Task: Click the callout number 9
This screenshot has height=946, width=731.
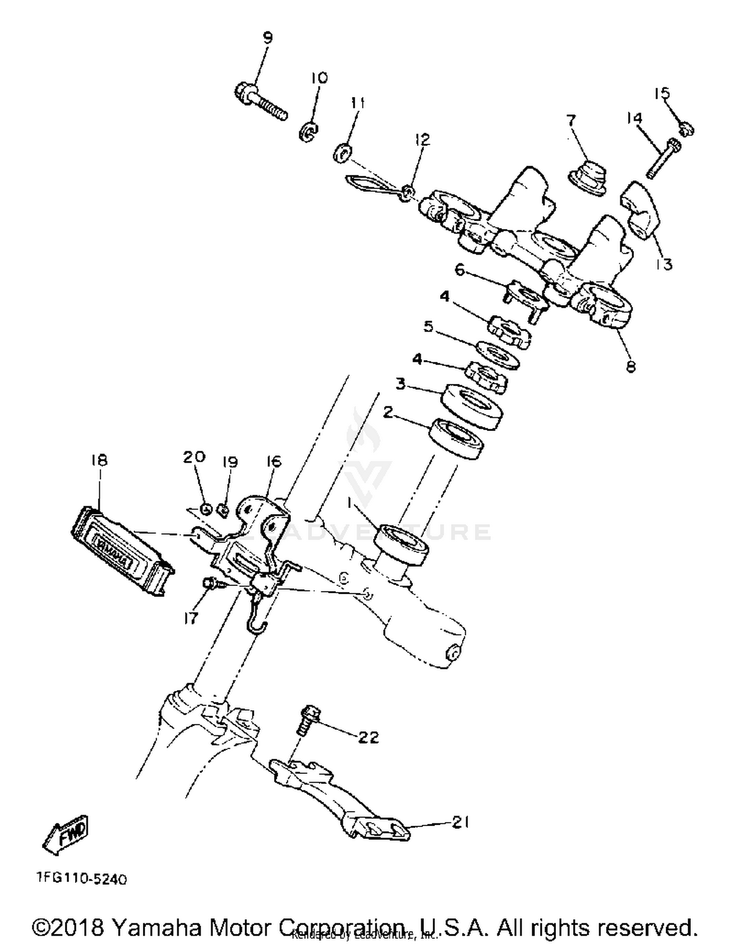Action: click(x=268, y=38)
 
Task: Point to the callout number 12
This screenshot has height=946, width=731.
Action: click(x=423, y=140)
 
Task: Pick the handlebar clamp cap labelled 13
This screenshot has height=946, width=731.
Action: click(x=641, y=211)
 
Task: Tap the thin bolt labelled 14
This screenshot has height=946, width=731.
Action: click(x=663, y=159)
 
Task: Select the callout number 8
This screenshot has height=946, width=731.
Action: click(x=631, y=366)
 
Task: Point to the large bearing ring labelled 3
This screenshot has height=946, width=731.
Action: click(x=471, y=407)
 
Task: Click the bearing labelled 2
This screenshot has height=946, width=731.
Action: click(x=456, y=438)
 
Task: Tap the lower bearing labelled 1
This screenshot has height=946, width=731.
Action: click(x=401, y=544)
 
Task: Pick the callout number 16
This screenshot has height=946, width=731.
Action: click(x=274, y=461)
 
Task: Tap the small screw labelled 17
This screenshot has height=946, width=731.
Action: click(x=208, y=583)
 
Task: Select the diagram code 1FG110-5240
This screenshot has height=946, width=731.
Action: click(x=82, y=879)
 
